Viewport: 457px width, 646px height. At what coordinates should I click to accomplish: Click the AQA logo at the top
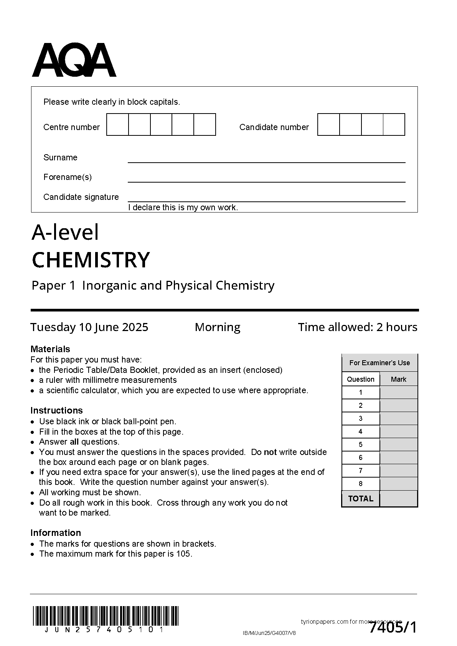(x=74, y=60)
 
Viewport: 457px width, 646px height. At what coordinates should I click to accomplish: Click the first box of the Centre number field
(x=117, y=125)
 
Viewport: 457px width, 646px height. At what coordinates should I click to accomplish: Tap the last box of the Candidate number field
(x=394, y=125)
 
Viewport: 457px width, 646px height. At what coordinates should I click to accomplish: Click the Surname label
(x=60, y=158)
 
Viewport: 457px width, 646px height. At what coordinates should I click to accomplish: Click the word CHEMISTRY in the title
(x=91, y=260)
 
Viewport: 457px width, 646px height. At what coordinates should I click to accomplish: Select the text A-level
(x=65, y=232)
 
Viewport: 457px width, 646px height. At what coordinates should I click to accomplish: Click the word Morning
(x=218, y=327)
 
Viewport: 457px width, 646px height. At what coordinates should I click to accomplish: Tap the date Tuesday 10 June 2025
(x=89, y=327)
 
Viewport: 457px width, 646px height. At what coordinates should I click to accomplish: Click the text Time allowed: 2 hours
(x=358, y=327)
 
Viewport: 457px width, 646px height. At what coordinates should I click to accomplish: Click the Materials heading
(x=50, y=349)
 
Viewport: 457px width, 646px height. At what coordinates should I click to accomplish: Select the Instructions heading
(x=56, y=410)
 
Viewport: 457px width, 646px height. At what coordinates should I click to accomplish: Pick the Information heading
(x=56, y=533)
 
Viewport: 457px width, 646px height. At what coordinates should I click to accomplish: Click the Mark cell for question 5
(x=398, y=445)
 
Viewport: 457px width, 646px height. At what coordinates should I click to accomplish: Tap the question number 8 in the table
(x=360, y=484)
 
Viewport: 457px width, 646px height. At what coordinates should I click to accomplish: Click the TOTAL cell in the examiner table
(x=360, y=499)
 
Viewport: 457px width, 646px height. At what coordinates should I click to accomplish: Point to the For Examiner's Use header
(x=379, y=363)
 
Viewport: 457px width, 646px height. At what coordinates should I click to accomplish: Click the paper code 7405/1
(x=393, y=628)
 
